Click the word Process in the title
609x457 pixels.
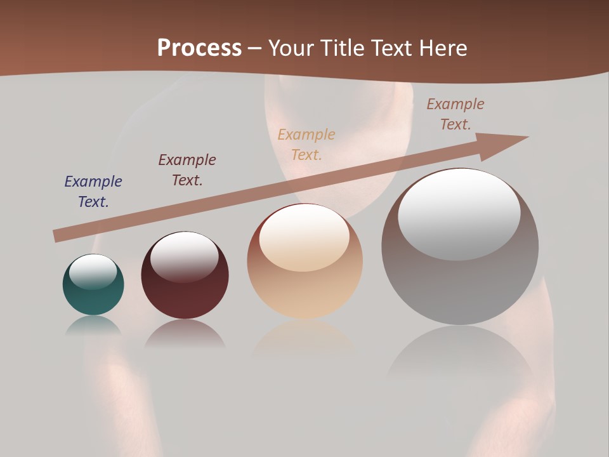pyautogui.click(x=199, y=48)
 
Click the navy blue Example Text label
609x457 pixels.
pyautogui.click(x=93, y=192)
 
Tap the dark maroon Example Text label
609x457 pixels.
pyautogui.click(x=187, y=170)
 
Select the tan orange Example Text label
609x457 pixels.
pyautogui.click(x=306, y=145)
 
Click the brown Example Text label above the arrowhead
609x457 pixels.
pyautogui.click(x=455, y=114)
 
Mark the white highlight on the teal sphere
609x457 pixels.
pyautogui.click(x=93, y=272)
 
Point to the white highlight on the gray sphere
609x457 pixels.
pyautogui.click(x=459, y=215)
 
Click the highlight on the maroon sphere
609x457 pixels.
pyautogui.click(x=184, y=256)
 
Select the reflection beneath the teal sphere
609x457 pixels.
pyautogui.click(x=93, y=327)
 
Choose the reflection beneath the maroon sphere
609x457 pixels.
pyautogui.click(x=185, y=334)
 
